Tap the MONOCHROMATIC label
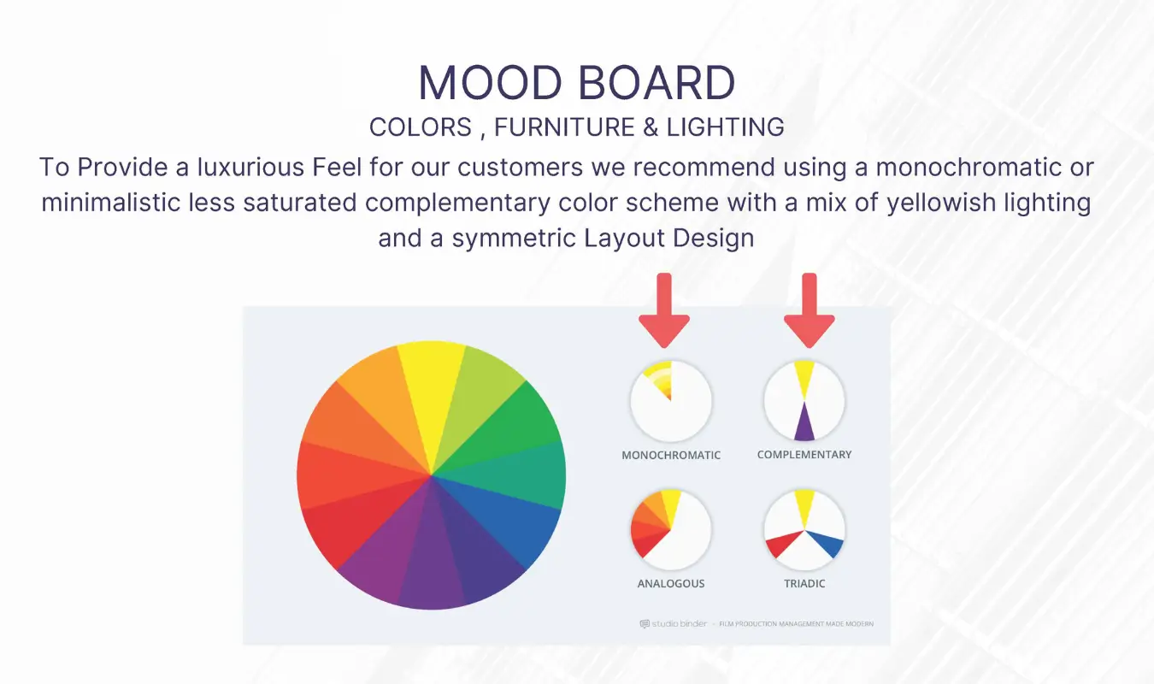click(x=671, y=455)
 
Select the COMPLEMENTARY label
click(x=804, y=455)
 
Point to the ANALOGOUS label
click(x=671, y=583)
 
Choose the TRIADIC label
click(x=804, y=583)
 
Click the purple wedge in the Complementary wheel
click(x=804, y=422)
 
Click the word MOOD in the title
click(x=491, y=82)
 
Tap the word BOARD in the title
click(x=656, y=82)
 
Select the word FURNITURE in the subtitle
click(x=564, y=127)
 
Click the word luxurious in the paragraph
click(x=251, y=168)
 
